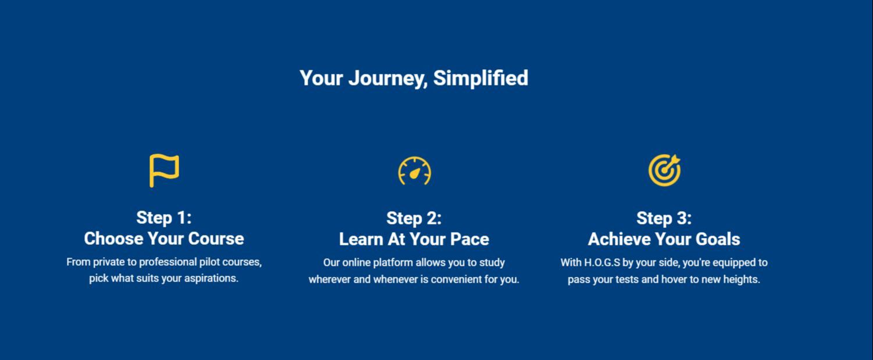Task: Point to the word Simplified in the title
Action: pyautogui.click(x=480, y=78)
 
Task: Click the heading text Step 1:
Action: pyautogui.click(x=164, y=218)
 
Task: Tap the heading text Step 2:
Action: pyautogui.click(x=414, y=218)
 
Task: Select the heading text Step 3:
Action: pyautogui.click(x=664, y=218)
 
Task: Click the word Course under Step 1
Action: pyautogui.click(x=216, y=238)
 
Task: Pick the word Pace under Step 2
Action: pyautogui.click(x=469, y=239)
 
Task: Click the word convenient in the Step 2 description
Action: pyautogui.click(x=456, y=279)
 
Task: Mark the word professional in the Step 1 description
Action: pyautogui.click(x=168, y=262)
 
